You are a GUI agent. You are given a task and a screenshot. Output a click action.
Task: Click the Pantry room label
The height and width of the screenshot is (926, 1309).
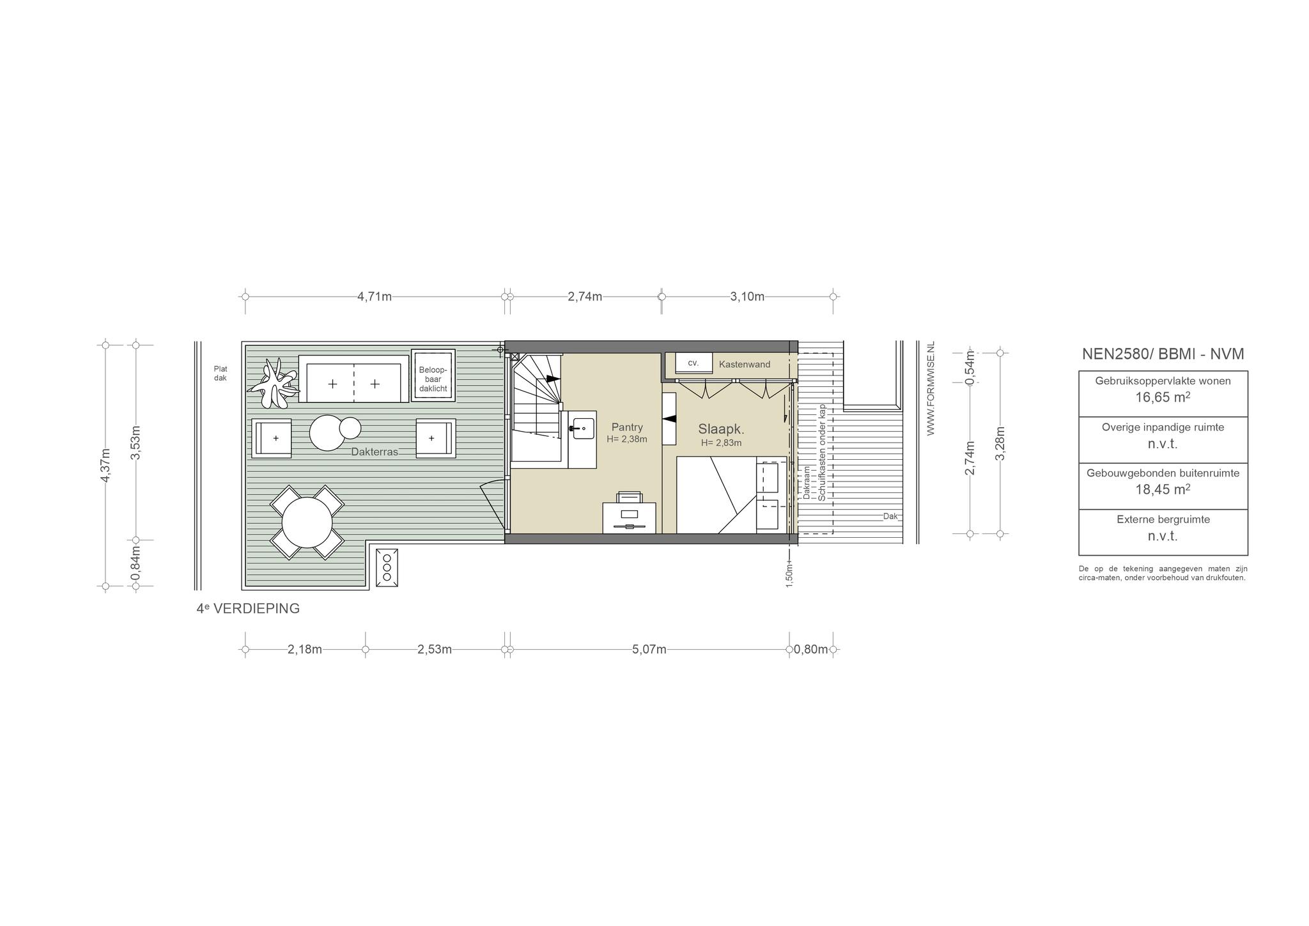627,427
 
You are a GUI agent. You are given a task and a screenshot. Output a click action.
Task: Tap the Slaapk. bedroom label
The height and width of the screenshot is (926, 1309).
721,430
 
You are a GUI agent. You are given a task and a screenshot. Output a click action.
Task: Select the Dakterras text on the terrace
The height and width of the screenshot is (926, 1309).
375,452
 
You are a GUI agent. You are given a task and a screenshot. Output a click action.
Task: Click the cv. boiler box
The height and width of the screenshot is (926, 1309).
693,363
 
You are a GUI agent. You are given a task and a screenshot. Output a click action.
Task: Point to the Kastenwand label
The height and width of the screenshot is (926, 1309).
745,365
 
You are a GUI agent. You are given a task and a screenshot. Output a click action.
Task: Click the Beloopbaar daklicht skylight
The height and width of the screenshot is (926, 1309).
433,375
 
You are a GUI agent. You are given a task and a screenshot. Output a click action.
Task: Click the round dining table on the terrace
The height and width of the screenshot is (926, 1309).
307,522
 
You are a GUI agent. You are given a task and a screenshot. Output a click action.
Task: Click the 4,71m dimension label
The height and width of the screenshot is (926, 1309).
375,297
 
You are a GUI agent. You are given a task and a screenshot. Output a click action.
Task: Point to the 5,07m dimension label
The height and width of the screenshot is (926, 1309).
649,650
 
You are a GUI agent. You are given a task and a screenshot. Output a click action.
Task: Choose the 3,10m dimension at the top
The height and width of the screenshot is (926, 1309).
747,297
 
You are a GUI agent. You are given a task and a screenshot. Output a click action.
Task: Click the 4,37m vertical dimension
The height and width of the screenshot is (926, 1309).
106,466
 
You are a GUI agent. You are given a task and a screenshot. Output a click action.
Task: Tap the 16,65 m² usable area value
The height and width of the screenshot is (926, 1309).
1163,397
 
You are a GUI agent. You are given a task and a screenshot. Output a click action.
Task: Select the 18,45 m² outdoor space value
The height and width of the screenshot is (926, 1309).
1163,490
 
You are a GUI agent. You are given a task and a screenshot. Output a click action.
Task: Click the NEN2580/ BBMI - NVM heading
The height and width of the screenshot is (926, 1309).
1163,354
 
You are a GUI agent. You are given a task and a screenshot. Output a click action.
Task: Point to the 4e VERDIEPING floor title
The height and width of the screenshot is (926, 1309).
248,609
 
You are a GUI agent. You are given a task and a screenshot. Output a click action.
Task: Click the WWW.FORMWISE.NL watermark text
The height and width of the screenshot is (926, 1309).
931,388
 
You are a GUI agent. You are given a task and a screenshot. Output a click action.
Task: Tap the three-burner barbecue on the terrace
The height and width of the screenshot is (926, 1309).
387,567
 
